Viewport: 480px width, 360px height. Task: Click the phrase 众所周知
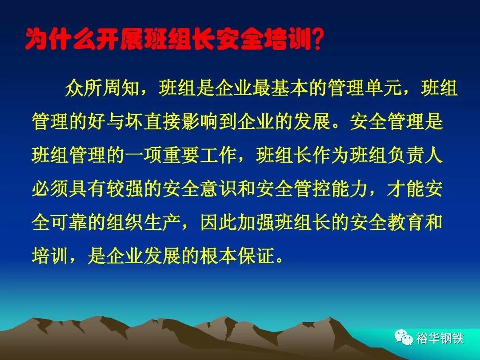pyautogui.click(x=102, y=88)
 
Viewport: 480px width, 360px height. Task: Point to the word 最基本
pyautogui.click(x=280, y=88)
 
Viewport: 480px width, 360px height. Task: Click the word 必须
pyautogui.click(x=50, y=188)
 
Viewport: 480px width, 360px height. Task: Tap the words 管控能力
pyautogui.click(x=331, y=188)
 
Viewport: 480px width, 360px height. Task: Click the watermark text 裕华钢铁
pyautogui.click(x=440, y=338)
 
